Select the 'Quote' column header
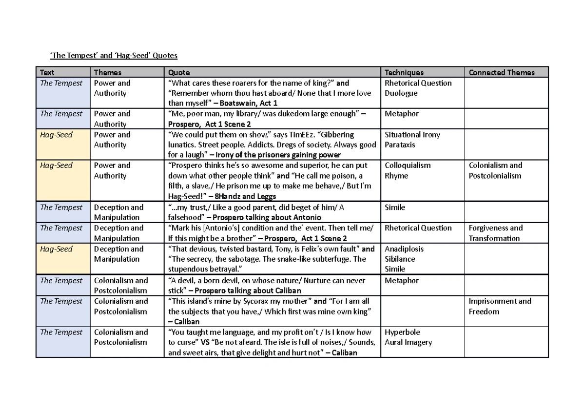point(178,73)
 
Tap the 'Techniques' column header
point(404,73)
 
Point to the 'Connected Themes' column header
point(502,73)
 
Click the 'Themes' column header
point(107,73)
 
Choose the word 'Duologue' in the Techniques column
point(401,93)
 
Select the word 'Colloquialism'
point(408,166)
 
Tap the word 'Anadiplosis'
point(404,249)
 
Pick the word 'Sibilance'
point(400,259)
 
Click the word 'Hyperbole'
point(402,332)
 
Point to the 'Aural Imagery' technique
point(409,343)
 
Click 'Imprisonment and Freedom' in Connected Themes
point(500,306)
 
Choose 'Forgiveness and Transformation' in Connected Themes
point(495,233)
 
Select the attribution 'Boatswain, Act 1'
point(249,103)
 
